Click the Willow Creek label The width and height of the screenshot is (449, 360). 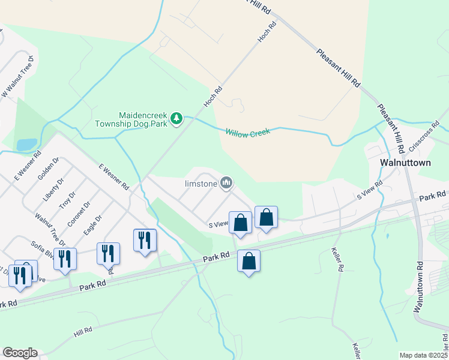[x=248, y=131]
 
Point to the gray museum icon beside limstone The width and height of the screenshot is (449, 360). [x=226, y=182]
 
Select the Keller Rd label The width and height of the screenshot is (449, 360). [x=338, y=261]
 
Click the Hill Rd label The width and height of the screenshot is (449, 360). [x=83, y=331]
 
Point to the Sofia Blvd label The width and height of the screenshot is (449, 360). [x=43, y=250]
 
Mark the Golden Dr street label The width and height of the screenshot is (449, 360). [x=47, y=169]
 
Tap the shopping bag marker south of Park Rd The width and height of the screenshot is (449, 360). [x=249, y=262]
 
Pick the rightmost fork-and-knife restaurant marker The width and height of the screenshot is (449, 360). [x=145, y=241]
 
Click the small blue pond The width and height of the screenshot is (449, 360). [x=26, y=144]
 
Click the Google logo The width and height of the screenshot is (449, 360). [x=20, y=353]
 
